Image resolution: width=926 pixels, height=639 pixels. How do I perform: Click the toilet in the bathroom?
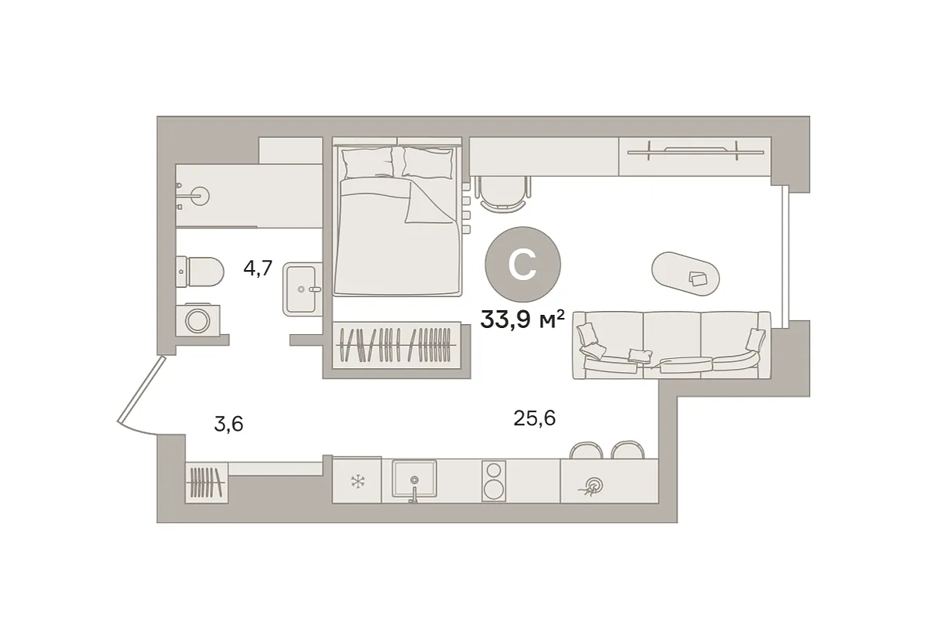pyautogui.click(x=199, y=272)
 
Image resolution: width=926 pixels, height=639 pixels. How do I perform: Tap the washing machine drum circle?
pyautogui.click(x=198, y=320)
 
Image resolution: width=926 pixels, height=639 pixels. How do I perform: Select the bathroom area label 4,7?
pyautogui.click(x=258, y=269)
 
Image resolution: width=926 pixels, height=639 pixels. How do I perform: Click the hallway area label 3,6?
pyautogui.click(x=228, y=424)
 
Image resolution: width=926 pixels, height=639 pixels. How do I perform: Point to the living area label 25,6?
pyautogui.click(x=534, y=418)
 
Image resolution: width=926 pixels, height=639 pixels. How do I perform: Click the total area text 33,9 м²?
pyautogui.click(x=522, y=319)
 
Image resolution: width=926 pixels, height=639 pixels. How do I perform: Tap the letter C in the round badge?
pyautogui.click(x=522, y=265)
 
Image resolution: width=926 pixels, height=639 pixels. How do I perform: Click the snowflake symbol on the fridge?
pyautogui.click(x=357, y=481)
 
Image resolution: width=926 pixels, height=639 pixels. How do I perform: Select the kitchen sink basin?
pyautogui.click(x=414, y=478)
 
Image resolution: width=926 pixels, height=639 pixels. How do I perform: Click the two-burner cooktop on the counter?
pyautogui.click(x=493, y=481)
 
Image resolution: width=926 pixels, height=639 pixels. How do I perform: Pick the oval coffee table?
pyautogui.click(x=685, y=274)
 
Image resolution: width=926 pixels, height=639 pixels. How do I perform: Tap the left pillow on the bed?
pyautogui.click(x=367, y=163)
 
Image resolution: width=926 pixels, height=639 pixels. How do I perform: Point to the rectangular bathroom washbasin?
pyautogui.click(x=302, y=289)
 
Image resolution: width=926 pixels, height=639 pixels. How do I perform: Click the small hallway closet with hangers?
pyautogui.click(x=206, y=482)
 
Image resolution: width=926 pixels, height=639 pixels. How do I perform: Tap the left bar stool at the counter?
pyautogui.click(x=586, y=450)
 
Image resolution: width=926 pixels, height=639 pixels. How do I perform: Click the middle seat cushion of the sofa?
pyautogui.click(x=672, y=344)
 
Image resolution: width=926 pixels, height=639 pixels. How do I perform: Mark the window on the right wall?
pyautogui.click(x=786, y=257)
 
